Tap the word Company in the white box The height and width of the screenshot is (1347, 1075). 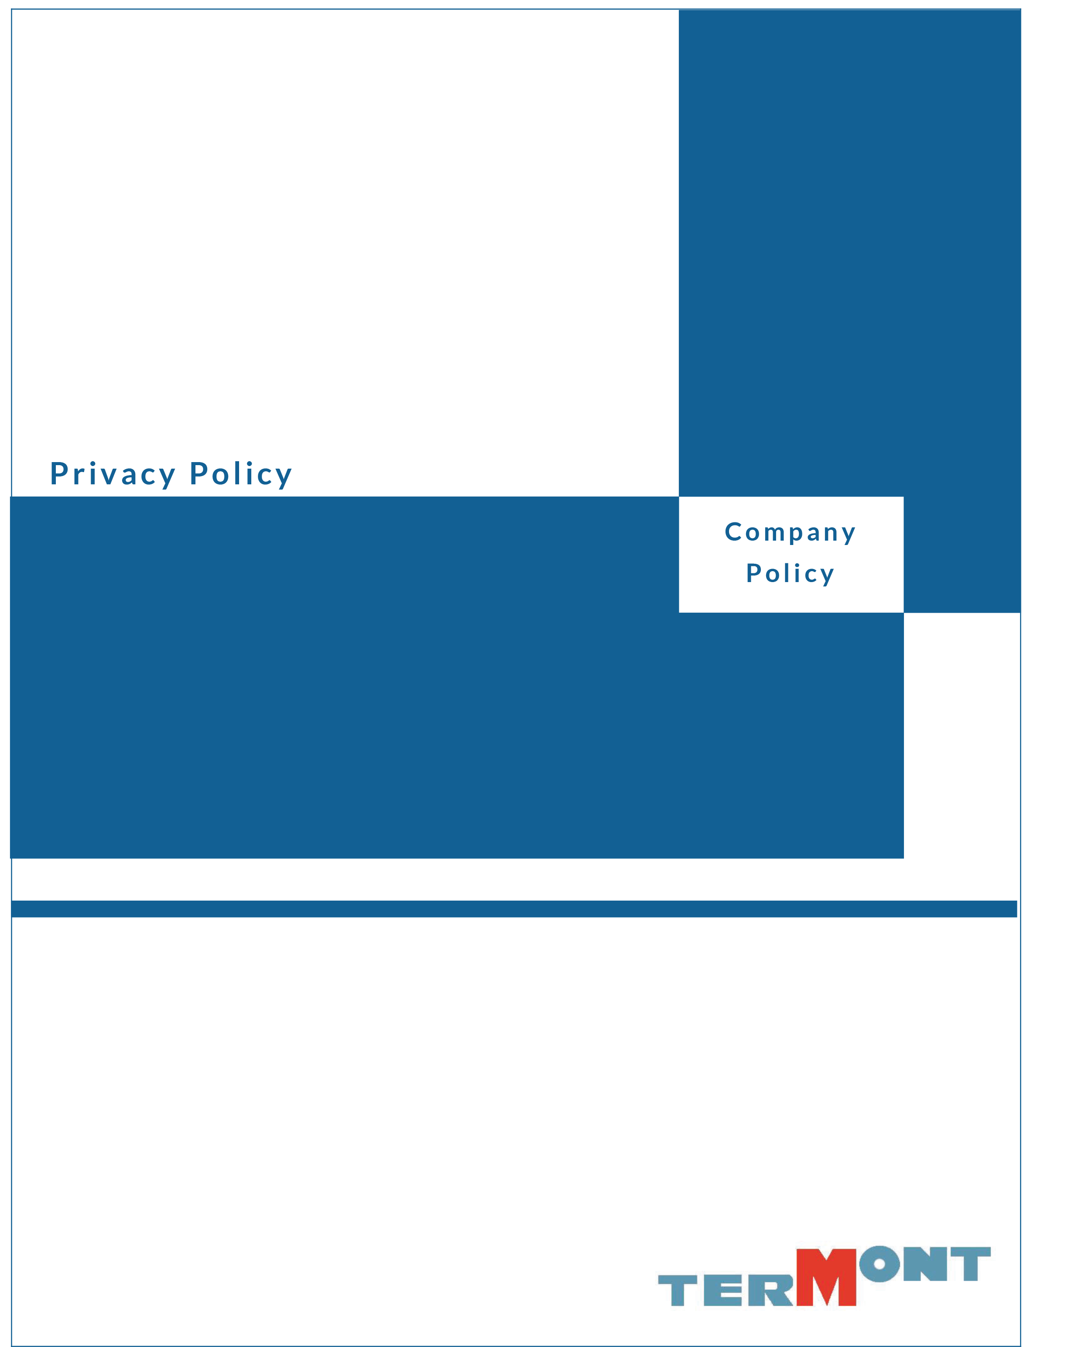click(790, 532)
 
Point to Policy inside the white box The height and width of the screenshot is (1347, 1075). click(790, 573)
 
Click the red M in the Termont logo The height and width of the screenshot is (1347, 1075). click(826, 1277)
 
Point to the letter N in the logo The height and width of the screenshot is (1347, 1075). click(925, 1264)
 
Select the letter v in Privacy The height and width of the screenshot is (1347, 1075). click(106, 476)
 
